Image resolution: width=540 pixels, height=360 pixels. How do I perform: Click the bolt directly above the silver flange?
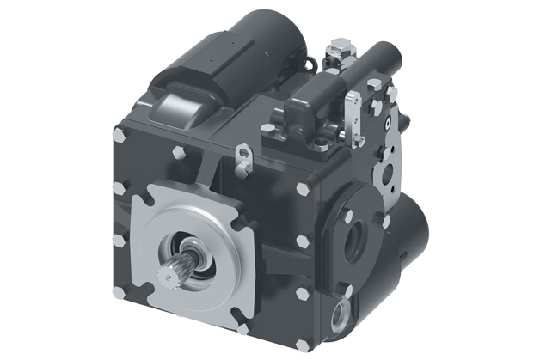pos(180,152)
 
